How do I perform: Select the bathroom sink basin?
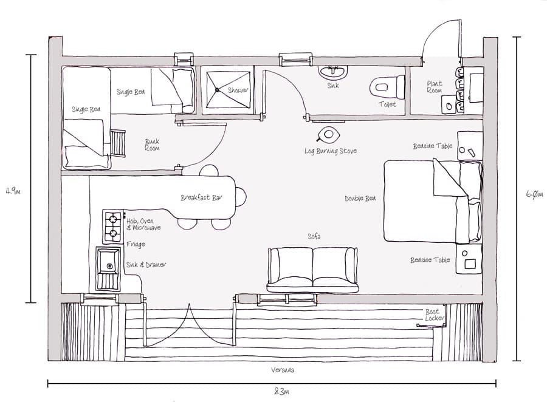pos(333,72)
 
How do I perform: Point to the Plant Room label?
pos(435,87)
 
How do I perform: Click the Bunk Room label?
pos(152,145)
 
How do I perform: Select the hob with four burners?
pos(112,227)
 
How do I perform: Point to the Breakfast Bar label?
pos(200,198)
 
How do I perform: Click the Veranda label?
pos(283,370)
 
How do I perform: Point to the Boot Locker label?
pos(435,315)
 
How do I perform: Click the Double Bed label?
pos(360,199)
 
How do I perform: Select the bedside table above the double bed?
pos(470,146)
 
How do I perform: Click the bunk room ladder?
pos(117,143)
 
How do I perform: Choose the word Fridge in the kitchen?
pos(136,244)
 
